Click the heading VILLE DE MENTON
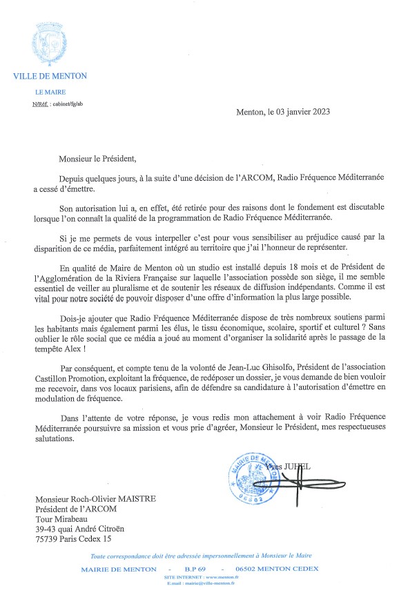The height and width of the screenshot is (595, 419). point(50,76)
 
